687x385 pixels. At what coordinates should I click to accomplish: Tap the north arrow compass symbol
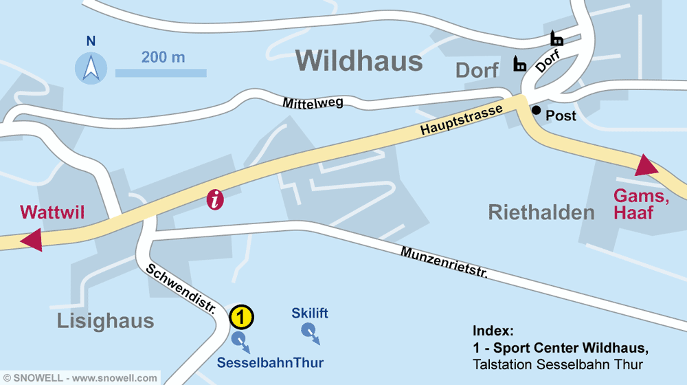coord(91,68)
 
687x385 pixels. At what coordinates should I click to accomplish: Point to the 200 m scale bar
coord(161,72)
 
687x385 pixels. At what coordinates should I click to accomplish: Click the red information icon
coord(216,200)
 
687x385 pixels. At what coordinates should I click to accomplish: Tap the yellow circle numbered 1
coord(241,317)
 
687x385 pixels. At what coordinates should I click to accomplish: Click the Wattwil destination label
coord(52,212)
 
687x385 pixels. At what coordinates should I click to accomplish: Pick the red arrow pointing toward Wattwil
coord(32,241)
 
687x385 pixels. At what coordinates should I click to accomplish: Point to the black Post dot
coord(536,110)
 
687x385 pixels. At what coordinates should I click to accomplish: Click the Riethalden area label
coord(541,212)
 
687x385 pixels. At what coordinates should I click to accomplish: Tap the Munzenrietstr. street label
coord(444,262)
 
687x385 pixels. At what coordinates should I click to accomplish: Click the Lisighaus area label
coord(106,320)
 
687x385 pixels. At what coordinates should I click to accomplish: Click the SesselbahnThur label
coord(270,362)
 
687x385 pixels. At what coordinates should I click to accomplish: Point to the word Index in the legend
coord(493,330)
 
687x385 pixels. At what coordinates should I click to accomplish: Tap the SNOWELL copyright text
coord(80,378)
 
